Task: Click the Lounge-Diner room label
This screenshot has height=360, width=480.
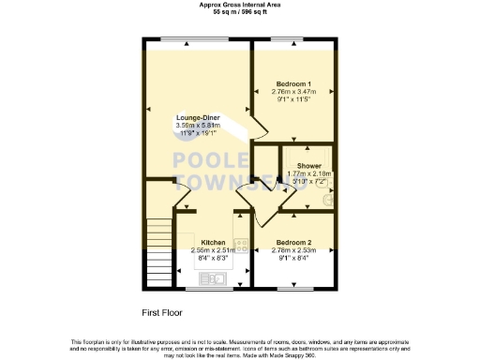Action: tap(198, 117)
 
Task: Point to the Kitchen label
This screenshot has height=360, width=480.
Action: tap(212, 242)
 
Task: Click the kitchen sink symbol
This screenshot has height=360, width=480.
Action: tap(211, 277)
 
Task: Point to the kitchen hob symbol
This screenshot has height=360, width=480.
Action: tap(241, 247)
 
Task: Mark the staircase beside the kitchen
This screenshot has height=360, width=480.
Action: tap(159, 252)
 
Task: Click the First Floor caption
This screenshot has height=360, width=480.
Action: tap(162, 312)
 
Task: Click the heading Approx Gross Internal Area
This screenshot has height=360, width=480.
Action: tap(239, 4)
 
